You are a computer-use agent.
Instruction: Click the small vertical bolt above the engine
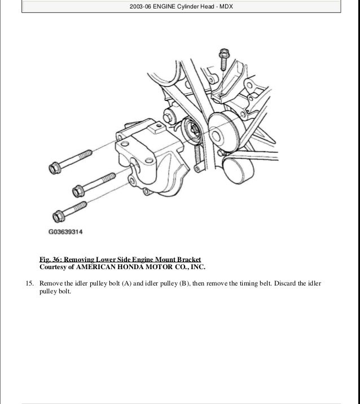[223, 57]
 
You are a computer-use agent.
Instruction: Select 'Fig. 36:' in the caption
[49, 259]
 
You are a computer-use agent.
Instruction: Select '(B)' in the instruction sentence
[184, 283]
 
